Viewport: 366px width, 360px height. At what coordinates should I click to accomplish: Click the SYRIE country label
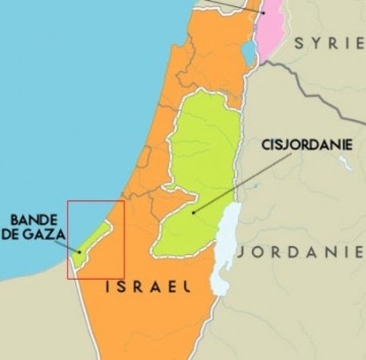[325, 43]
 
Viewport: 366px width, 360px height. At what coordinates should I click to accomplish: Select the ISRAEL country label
[148, 286]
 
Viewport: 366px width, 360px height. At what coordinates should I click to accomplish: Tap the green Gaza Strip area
[91, 241]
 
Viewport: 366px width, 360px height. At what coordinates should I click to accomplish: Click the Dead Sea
[224, 247]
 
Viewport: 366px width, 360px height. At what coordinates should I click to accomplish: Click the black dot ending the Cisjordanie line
[193, 213]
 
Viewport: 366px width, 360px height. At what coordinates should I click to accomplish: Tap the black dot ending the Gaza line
[79, 252]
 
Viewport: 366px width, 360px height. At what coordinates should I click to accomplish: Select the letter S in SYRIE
[299, 43]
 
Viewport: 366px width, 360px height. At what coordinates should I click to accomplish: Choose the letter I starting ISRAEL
[109, 286]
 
